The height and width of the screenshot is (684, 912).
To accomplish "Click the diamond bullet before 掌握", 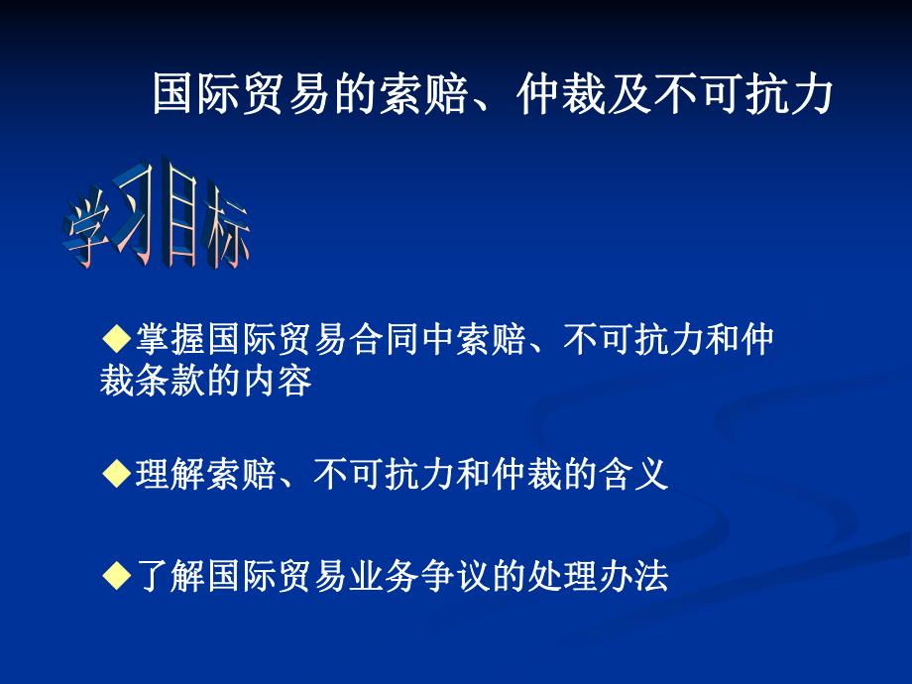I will click(117, 339).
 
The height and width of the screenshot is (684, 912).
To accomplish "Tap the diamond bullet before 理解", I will click(117, 475).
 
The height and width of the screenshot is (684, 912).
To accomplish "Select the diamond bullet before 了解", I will click(117, 576).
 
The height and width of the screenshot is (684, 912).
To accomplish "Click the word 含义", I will click(633, 476).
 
